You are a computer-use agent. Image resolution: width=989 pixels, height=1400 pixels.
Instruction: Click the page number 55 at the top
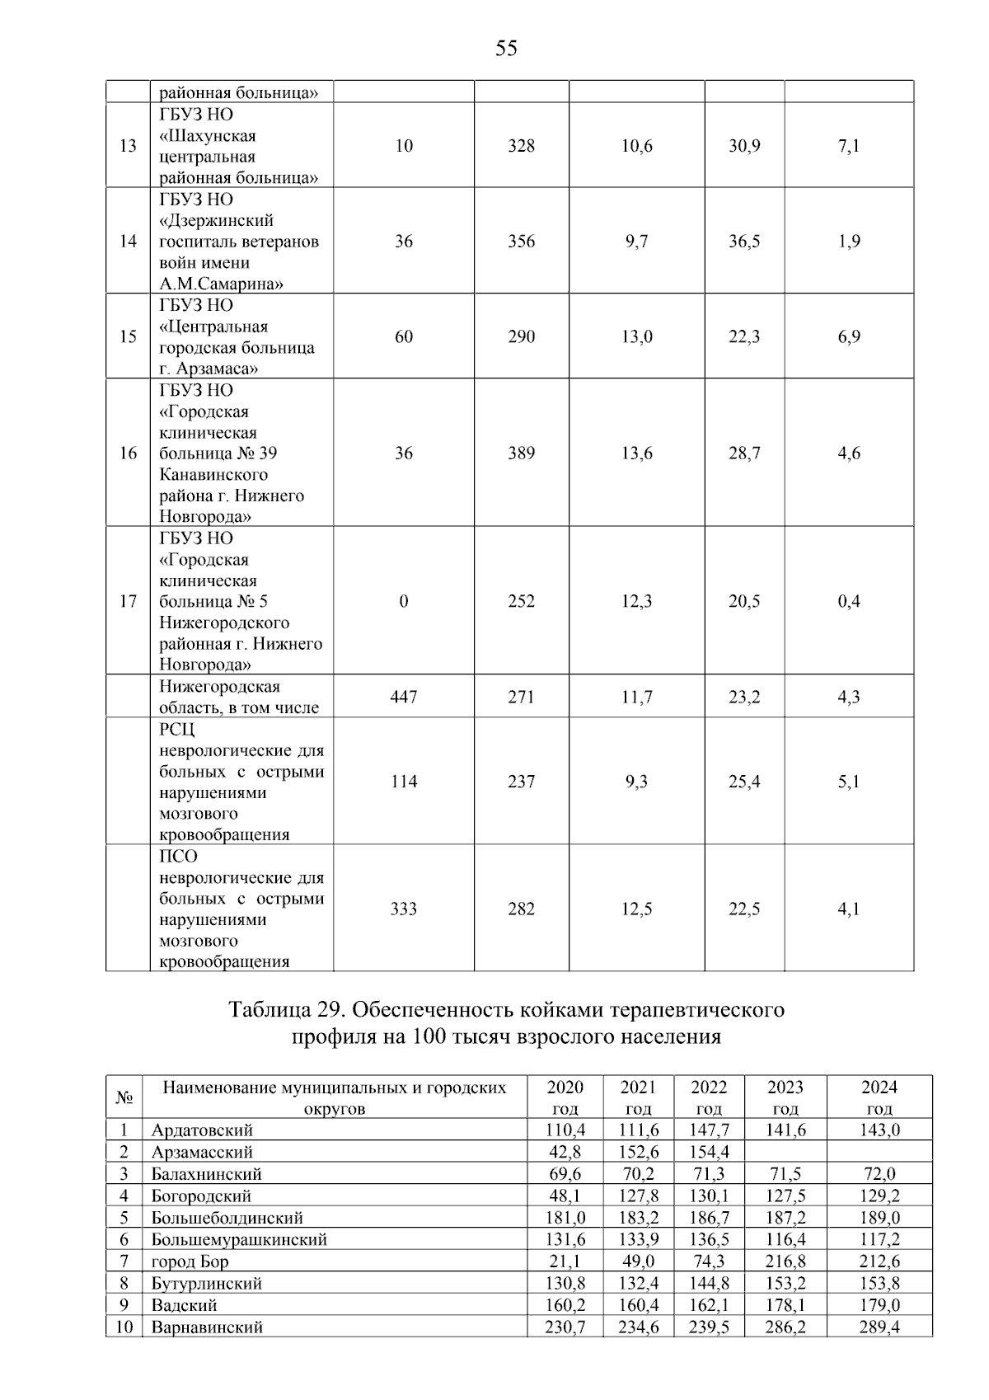point(506,49)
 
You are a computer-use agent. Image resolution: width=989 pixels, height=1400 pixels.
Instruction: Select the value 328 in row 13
point(521,146)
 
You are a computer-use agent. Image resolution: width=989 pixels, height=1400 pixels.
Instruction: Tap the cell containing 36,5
point(743,242)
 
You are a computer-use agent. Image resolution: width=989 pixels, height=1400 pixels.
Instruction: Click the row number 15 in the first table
point(128,336)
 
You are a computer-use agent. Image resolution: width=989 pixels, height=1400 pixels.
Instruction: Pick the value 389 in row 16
point(521,453)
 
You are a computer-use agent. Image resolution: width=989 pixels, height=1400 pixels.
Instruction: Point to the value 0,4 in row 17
point(848,601)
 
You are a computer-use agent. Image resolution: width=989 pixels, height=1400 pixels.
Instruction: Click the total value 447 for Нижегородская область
point(403,697)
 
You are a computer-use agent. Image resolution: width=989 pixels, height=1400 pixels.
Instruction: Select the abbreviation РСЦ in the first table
point(176,730)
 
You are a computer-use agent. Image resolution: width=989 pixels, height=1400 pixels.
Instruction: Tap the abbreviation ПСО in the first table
point(178,856)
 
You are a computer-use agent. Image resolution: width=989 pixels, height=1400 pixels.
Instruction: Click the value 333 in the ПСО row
point(403,909)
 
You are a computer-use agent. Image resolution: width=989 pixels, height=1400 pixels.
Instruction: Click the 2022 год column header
point(708,1097)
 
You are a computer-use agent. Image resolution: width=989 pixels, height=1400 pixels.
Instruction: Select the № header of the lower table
point(124,1097)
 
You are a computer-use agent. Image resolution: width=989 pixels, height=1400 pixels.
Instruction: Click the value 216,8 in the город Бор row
point(785,1261)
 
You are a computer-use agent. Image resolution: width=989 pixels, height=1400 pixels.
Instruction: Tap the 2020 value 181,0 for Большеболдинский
point(565,1218)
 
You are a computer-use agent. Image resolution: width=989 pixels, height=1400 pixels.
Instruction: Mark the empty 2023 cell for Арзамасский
point(785,1152)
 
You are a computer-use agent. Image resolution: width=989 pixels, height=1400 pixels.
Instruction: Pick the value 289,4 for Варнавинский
point(879,1327)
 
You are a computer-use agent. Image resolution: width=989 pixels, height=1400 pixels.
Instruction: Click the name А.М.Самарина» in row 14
point(221,284)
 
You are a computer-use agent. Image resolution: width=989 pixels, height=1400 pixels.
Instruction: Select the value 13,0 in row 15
point(636,336)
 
